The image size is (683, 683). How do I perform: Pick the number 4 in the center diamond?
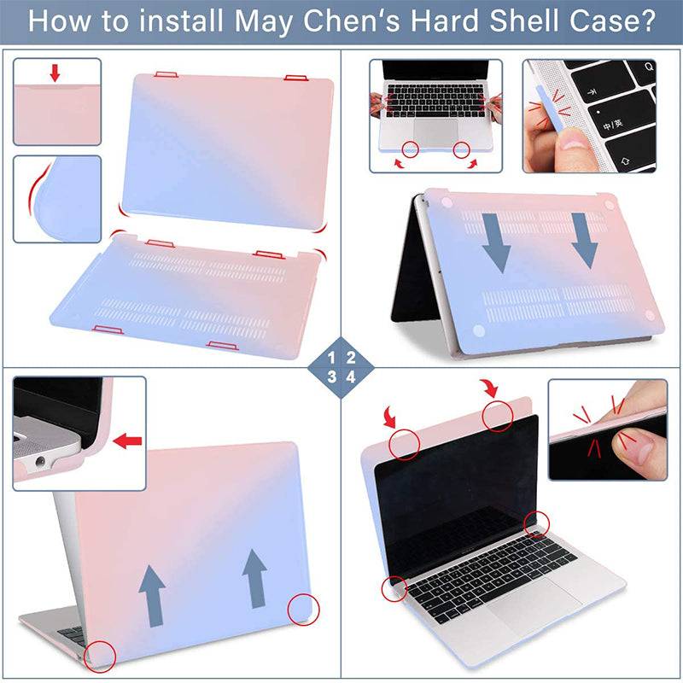pyautogui.click(x=352, y=377)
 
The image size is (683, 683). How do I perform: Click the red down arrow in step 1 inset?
pyautogui.click(x=55, y=72)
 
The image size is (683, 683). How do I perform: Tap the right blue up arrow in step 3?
pyautogui.click(x=254, y=576)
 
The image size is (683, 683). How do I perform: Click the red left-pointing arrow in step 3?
pyautogui.click(x=127, y=441)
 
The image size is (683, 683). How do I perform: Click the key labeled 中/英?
pyautogui.click(x=612, y=125)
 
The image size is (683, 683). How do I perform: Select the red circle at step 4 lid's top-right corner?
pyautogui.click(x=499, y=417)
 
